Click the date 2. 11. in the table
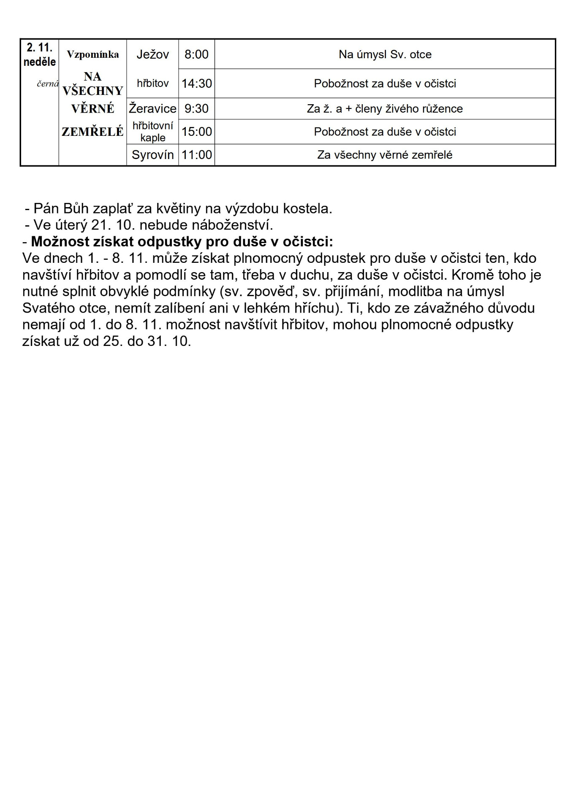coord(40,47)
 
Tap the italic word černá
coord(47,84)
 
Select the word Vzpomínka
coord(93,54)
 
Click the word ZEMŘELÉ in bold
coord(93,132)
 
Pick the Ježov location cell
coord(152,54)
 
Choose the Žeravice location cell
coord(152,108)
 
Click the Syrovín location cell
coord(152,155)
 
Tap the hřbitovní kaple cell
coord(152,132)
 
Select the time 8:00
coord(196,54)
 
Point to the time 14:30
coord(196,84)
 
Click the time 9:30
coord(196,108)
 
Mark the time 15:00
coord(196,132)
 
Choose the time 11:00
coord(196,155)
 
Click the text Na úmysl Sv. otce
coord(385,54)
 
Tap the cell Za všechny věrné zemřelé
coord(385,155)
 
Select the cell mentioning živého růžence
coord(385,108)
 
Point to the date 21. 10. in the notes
coord(113,224)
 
